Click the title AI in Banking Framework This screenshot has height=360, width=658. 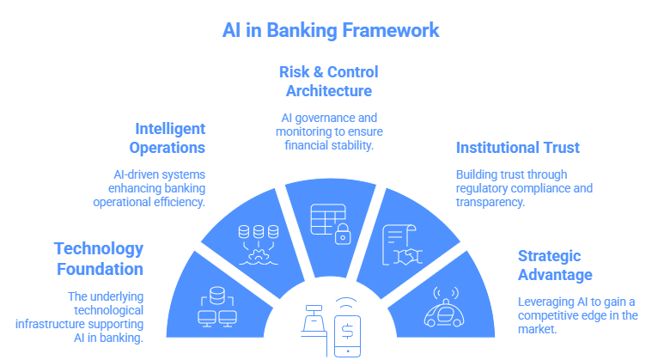tap(329, 30)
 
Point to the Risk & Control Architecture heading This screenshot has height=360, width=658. tap(328, 80)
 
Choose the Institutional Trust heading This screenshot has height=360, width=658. tap(517, 147)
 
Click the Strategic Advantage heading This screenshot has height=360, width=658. tap(555, 265)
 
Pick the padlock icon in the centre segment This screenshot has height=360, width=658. tap(343, 232)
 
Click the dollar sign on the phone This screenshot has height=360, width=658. tap(349, 330)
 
